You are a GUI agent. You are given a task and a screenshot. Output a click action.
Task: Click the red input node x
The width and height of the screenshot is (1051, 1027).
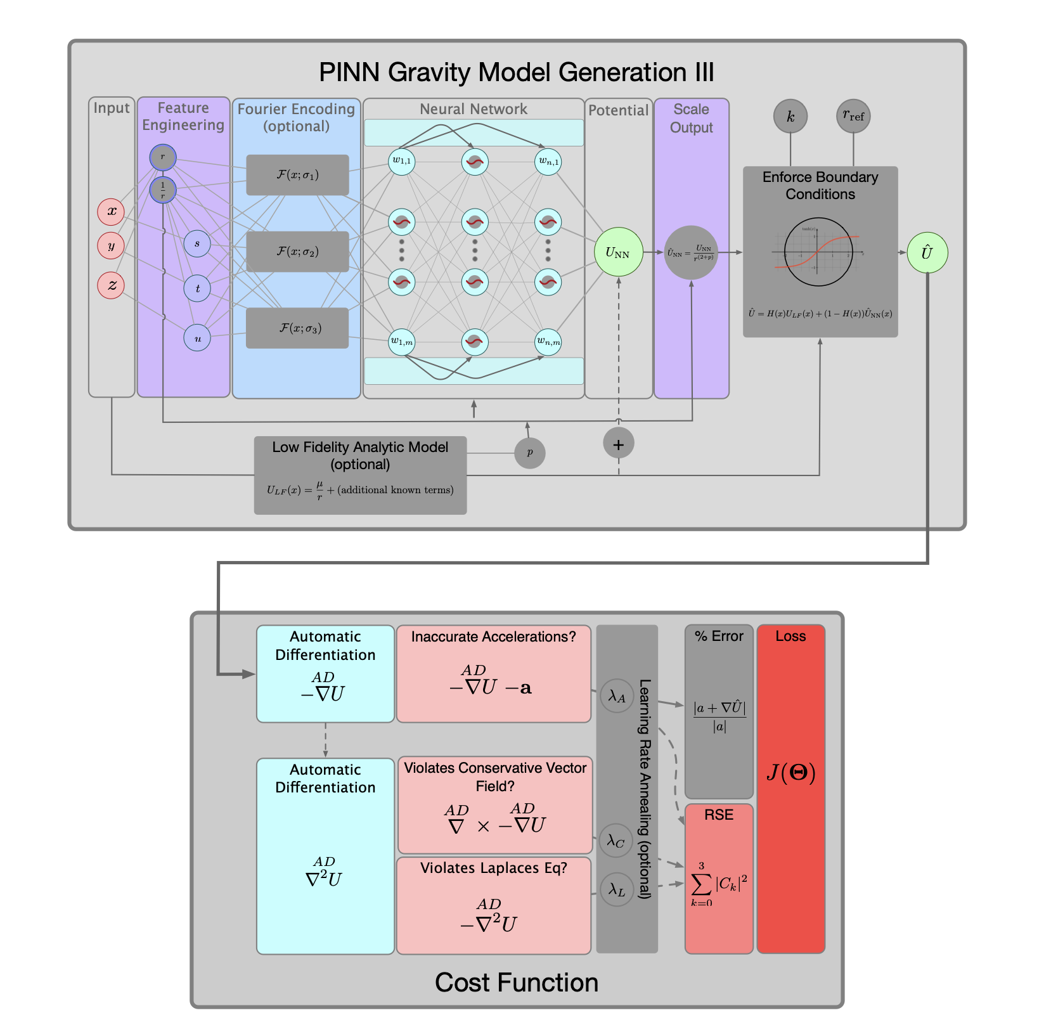111,212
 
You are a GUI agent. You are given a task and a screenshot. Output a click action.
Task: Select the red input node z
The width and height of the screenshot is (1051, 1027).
111,285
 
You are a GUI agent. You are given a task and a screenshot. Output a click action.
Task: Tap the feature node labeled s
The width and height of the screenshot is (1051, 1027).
197,243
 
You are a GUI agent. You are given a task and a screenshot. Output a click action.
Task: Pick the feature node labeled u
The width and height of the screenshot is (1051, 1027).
197,338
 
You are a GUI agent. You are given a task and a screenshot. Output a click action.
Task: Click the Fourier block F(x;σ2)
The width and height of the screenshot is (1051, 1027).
297,252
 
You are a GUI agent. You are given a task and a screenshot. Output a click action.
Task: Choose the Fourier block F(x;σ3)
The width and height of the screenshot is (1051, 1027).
297,328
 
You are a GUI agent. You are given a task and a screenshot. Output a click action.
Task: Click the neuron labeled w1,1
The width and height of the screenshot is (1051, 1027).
401,161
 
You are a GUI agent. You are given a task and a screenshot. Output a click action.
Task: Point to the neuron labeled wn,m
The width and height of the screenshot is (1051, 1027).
548,342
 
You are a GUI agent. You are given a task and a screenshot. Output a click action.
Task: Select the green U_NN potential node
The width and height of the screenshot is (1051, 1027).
618,252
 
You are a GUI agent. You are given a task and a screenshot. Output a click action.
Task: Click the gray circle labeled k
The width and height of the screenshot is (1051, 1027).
790,117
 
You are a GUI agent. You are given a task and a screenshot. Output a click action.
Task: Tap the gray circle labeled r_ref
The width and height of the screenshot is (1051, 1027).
853,117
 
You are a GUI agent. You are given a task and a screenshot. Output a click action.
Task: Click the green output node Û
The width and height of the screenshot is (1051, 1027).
927,253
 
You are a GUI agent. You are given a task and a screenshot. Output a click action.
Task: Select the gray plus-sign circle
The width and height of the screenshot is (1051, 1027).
619,444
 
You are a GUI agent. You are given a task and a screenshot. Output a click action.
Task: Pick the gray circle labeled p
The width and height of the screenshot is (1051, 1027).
530,453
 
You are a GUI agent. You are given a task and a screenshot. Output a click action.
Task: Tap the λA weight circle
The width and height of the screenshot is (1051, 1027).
617,696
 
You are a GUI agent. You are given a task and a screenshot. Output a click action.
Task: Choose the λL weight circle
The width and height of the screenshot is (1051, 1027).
617,889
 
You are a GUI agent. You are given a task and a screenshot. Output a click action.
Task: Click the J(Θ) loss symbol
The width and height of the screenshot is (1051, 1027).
790,772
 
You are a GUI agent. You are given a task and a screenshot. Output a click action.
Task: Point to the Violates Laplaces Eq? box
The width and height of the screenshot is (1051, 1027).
494,905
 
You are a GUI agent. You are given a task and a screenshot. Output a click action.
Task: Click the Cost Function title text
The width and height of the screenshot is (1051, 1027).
517,983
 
